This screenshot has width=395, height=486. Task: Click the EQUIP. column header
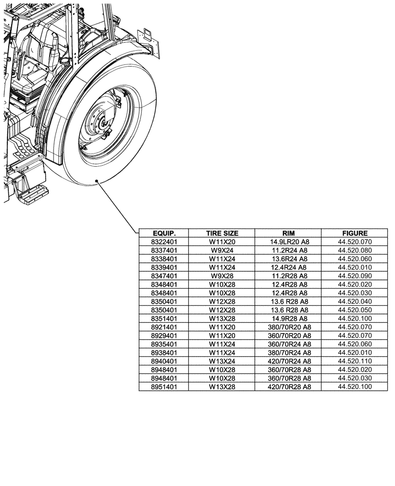point(163,233)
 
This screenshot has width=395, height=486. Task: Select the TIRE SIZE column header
point(222,233)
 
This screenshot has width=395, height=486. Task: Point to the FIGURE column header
point(355,233)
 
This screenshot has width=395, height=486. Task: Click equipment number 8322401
point(163,242)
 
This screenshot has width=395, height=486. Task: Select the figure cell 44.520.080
point(355,250)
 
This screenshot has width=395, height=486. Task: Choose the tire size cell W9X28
point(222,276)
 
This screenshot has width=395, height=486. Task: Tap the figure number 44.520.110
point(355,361)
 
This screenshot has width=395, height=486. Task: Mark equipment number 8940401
point(163,361)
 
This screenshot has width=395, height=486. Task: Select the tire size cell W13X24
point(222,361)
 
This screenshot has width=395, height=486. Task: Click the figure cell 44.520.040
point(355,301)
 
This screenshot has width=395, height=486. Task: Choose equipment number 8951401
point(163,386)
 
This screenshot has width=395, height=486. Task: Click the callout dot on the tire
point(97,181)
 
